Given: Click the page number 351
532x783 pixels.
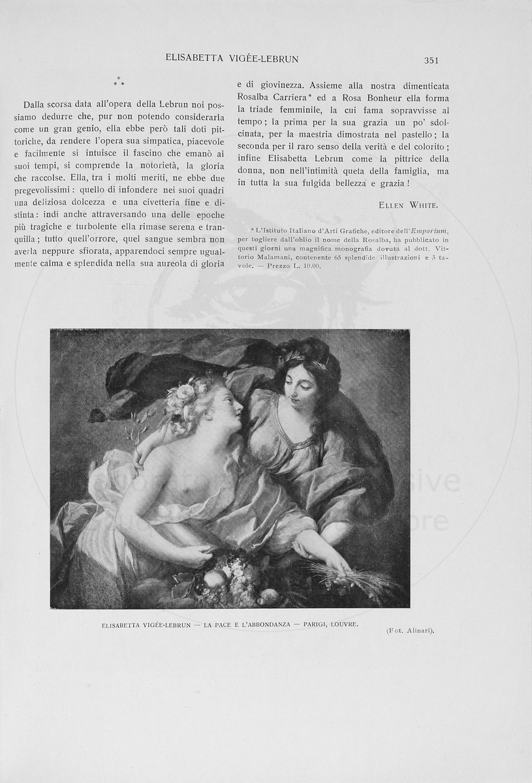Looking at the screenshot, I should point(431,60).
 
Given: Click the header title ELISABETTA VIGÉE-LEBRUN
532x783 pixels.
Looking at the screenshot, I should point(232,59).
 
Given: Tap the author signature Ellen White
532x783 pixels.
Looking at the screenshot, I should point(408,205).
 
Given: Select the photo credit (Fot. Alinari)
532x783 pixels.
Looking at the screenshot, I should point(410,630).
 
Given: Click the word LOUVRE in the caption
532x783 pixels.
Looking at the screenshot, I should point(345,624).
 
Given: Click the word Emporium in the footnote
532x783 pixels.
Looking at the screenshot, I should point(430,231).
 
